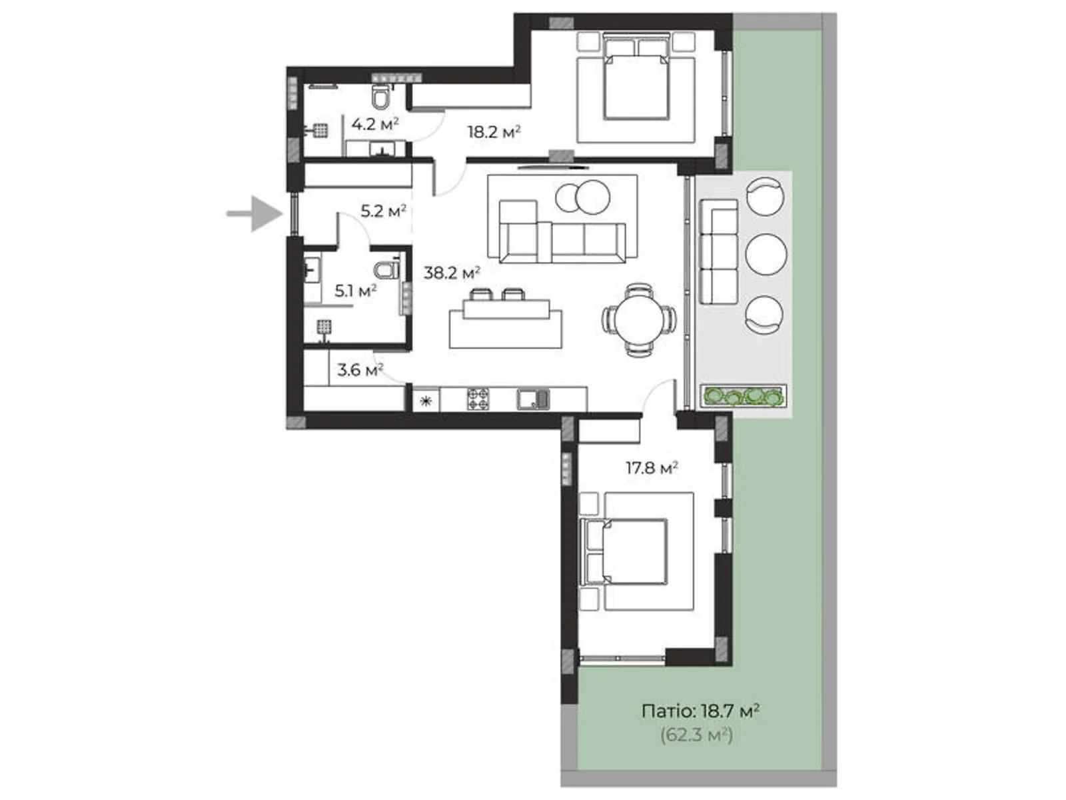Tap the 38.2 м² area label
click(452, 273)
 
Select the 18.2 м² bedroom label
click(493, 131)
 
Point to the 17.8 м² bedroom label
click(651, 468)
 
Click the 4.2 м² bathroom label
click(374, 124)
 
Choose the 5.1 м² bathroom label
click(355, 291)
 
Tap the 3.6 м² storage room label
click(360, 369)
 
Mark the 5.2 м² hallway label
click(383, 211)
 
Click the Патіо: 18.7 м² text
click(700, 711)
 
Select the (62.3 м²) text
click(696, 735)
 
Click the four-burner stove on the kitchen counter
click(478, 399)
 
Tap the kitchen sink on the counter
click(533, 399)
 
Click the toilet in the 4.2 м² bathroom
click(380, 97)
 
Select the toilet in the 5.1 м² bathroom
click(386, 270)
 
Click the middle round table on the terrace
click(766, 254)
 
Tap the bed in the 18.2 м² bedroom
click(636, 80)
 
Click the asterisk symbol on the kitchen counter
click(426, 401)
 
